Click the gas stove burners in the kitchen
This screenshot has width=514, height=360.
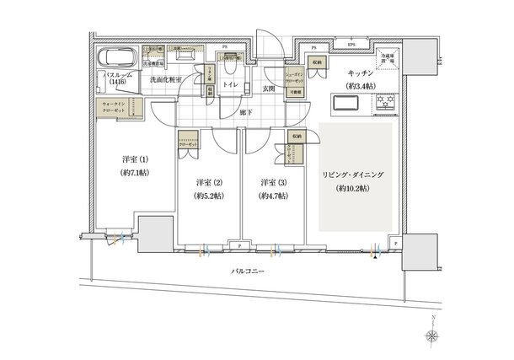pos(388,105)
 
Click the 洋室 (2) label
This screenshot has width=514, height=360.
pos(207,182)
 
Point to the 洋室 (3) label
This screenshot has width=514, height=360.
pos(270,182)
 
